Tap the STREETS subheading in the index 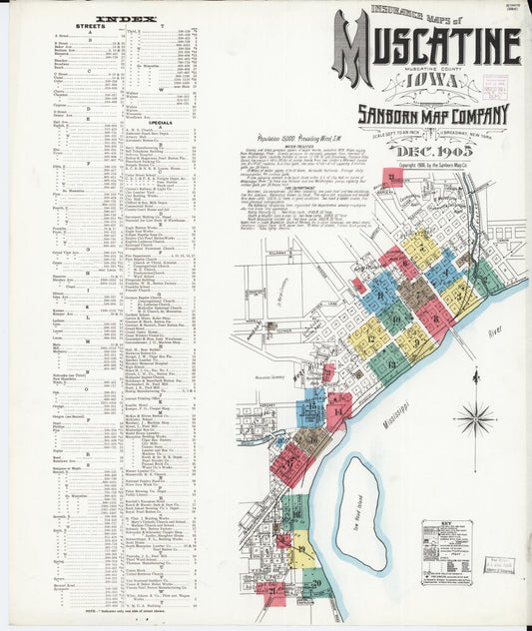point(90,27)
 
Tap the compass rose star point(475,419)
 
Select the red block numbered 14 point(339,408)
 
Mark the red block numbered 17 point(289,463)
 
